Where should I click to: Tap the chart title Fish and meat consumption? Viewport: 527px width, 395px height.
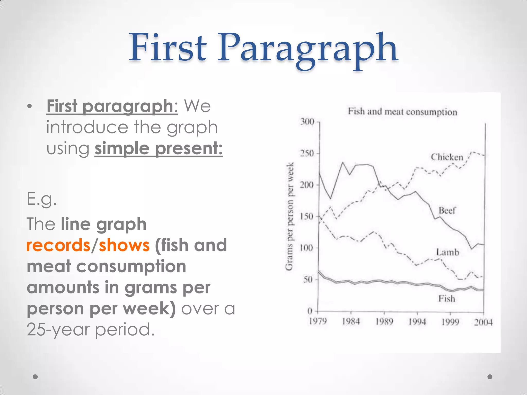402,112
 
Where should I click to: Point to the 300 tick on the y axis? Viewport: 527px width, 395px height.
308,122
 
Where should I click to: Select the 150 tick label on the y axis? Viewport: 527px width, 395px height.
307,217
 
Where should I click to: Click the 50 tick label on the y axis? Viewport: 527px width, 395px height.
309,280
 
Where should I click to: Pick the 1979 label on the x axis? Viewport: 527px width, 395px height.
318,321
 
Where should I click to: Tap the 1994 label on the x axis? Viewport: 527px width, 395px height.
417,322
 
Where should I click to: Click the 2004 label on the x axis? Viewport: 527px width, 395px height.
483,322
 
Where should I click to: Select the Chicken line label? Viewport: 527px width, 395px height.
447,157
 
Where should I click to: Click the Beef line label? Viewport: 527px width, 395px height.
447,210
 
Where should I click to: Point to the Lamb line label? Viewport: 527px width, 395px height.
447,252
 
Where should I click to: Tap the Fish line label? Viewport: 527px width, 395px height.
447,299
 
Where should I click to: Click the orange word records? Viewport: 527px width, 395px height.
58,245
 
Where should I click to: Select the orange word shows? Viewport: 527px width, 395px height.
124,245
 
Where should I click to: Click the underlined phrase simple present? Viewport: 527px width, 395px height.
159,148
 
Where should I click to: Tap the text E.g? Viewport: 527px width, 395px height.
41,199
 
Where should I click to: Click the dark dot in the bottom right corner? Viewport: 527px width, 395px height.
490,377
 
